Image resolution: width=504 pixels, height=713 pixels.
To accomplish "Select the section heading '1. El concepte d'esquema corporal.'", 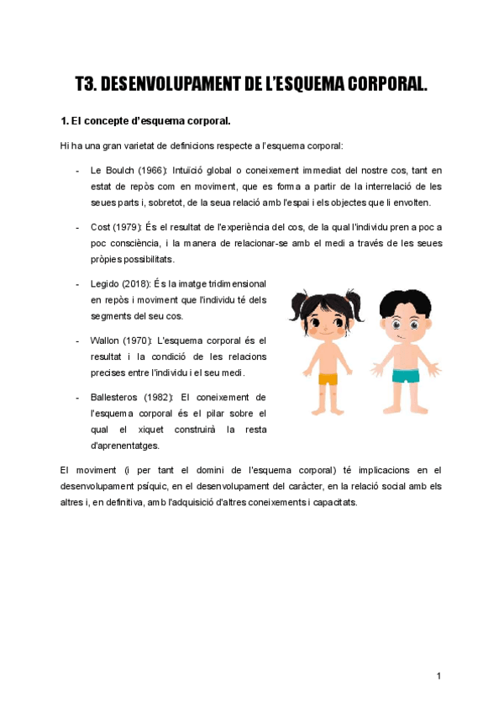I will pyautogui.click(x=139, y=122).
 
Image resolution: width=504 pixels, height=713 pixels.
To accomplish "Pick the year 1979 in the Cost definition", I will pyautogui.click(x=129, y=227).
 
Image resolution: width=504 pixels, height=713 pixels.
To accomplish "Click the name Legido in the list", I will pyautogui.click(x=105, y=283).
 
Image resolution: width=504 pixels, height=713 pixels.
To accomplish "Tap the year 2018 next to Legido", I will pyautogui.click(x=138, y=283).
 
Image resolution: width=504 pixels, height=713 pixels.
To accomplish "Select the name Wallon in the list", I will pyautogui.click(x=106, y=341).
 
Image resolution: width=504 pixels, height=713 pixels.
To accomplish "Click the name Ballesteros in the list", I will pyautogui.click(x=115, y=397).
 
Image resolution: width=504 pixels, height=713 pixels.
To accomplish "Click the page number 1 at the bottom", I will pyautogui.click(x=438, y=676).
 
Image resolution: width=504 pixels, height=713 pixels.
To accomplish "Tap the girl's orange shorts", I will pyautogui.click(x=327, y=378).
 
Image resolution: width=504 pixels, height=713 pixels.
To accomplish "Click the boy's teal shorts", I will pyautogui.click(x=405, y=376).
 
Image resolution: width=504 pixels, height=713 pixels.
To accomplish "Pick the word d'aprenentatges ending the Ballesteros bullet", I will pyautogui.click(x=124, y=446).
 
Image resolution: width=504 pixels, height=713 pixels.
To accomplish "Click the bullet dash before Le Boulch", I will pyautogui.click(x=77, y=170).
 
